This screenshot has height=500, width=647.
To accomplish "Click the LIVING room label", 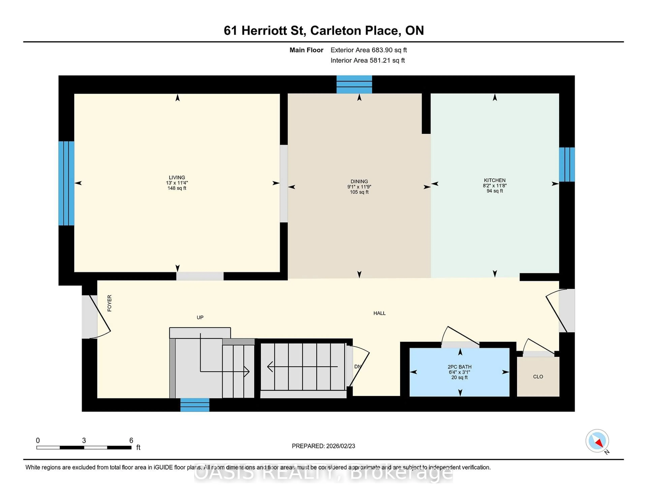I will (x=177, y=177).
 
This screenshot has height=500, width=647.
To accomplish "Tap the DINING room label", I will (x=359, y=181).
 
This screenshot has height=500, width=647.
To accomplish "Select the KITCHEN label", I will (x=495, y=180).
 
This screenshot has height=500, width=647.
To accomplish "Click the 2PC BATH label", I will (x=459, y=367).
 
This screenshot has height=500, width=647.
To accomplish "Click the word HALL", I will (x=379, y=313).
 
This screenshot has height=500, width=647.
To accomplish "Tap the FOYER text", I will (x=109, y=303).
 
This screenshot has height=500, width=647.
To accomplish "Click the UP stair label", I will (x=200, y=317).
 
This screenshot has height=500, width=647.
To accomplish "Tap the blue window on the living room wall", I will (x=66, y=183).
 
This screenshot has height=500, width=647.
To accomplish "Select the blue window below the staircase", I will (x=195, y=405).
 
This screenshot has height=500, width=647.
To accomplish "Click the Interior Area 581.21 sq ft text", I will (x=367, y=60).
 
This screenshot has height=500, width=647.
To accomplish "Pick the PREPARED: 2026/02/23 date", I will (x=323, y=446).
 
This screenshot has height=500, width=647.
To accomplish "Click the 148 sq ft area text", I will (x=177, y=188).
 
